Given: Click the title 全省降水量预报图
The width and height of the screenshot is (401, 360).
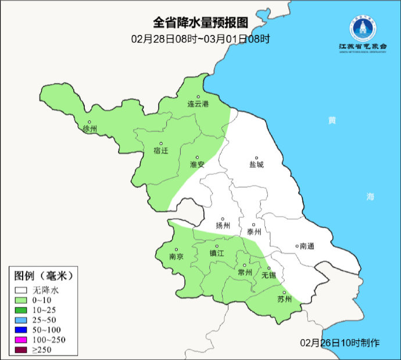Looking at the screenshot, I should tap(201, 23).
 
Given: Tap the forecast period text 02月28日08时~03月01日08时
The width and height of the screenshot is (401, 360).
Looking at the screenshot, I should tap(201, 39).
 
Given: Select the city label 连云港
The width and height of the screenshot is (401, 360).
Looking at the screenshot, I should tap(198, 104).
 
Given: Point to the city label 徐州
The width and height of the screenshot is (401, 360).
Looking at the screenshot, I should tap(90, 128).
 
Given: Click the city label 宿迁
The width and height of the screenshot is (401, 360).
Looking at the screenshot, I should tap(160, 151).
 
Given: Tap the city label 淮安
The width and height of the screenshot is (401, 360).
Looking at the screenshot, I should tap(198, 165).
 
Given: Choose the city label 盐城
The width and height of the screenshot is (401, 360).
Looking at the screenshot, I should tap(256, 165).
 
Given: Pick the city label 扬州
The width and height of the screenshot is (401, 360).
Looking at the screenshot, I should tap(223, 226).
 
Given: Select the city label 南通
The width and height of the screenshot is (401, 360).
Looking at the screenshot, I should tap(307, 246).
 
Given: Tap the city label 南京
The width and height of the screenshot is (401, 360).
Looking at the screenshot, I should tap(176, 256).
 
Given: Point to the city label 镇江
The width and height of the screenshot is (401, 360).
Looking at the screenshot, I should tap(217, 254).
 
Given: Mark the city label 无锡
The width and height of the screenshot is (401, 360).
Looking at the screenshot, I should tap(269, 275).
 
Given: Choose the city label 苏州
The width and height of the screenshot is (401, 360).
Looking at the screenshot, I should tap(284, 300).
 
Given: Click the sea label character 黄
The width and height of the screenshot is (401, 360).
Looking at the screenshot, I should tap(332, 120).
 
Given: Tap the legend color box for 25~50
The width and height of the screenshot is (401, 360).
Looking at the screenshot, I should tap(22, 320).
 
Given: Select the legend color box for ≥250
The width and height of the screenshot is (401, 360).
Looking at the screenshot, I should tap(22, 350).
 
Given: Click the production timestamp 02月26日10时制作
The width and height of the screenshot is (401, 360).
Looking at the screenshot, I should tap(340, 343).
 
